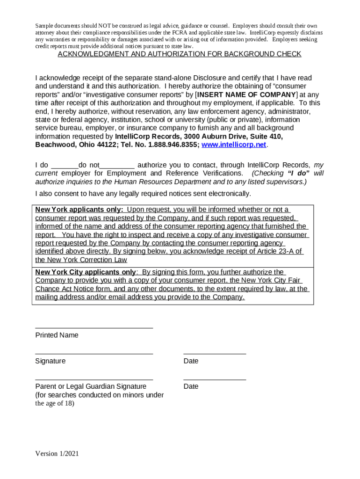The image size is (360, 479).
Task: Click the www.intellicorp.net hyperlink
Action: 233,145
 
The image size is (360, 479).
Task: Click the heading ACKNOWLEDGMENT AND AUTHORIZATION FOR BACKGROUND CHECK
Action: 179,54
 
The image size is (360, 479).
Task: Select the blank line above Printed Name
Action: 94,327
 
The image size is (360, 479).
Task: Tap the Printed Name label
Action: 57,335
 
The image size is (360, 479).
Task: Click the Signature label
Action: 50,361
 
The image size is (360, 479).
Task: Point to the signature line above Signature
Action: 94,354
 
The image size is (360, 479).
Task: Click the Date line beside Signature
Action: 215,354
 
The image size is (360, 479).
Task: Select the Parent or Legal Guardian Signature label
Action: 91,386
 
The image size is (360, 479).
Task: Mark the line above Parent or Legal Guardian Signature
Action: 94,379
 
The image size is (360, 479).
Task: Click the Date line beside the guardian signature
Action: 215,379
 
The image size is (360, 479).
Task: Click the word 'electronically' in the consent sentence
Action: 229,194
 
